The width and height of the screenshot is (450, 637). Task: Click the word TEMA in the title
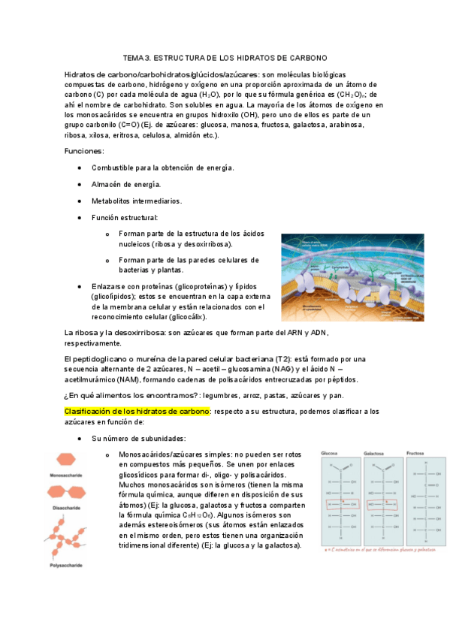click(x=132, y=58)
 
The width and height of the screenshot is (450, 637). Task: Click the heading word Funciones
click(x=83, y=151)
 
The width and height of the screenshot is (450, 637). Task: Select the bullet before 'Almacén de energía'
click(x=80, y=184)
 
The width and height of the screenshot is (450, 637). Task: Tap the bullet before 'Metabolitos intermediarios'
click(x=80, y=201)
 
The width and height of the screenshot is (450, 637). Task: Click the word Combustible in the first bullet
click(x=113, y=168)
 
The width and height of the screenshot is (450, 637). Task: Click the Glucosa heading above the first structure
click(x=330, y=454)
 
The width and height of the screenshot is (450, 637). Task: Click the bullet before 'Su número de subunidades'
click(x=80, y=438)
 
